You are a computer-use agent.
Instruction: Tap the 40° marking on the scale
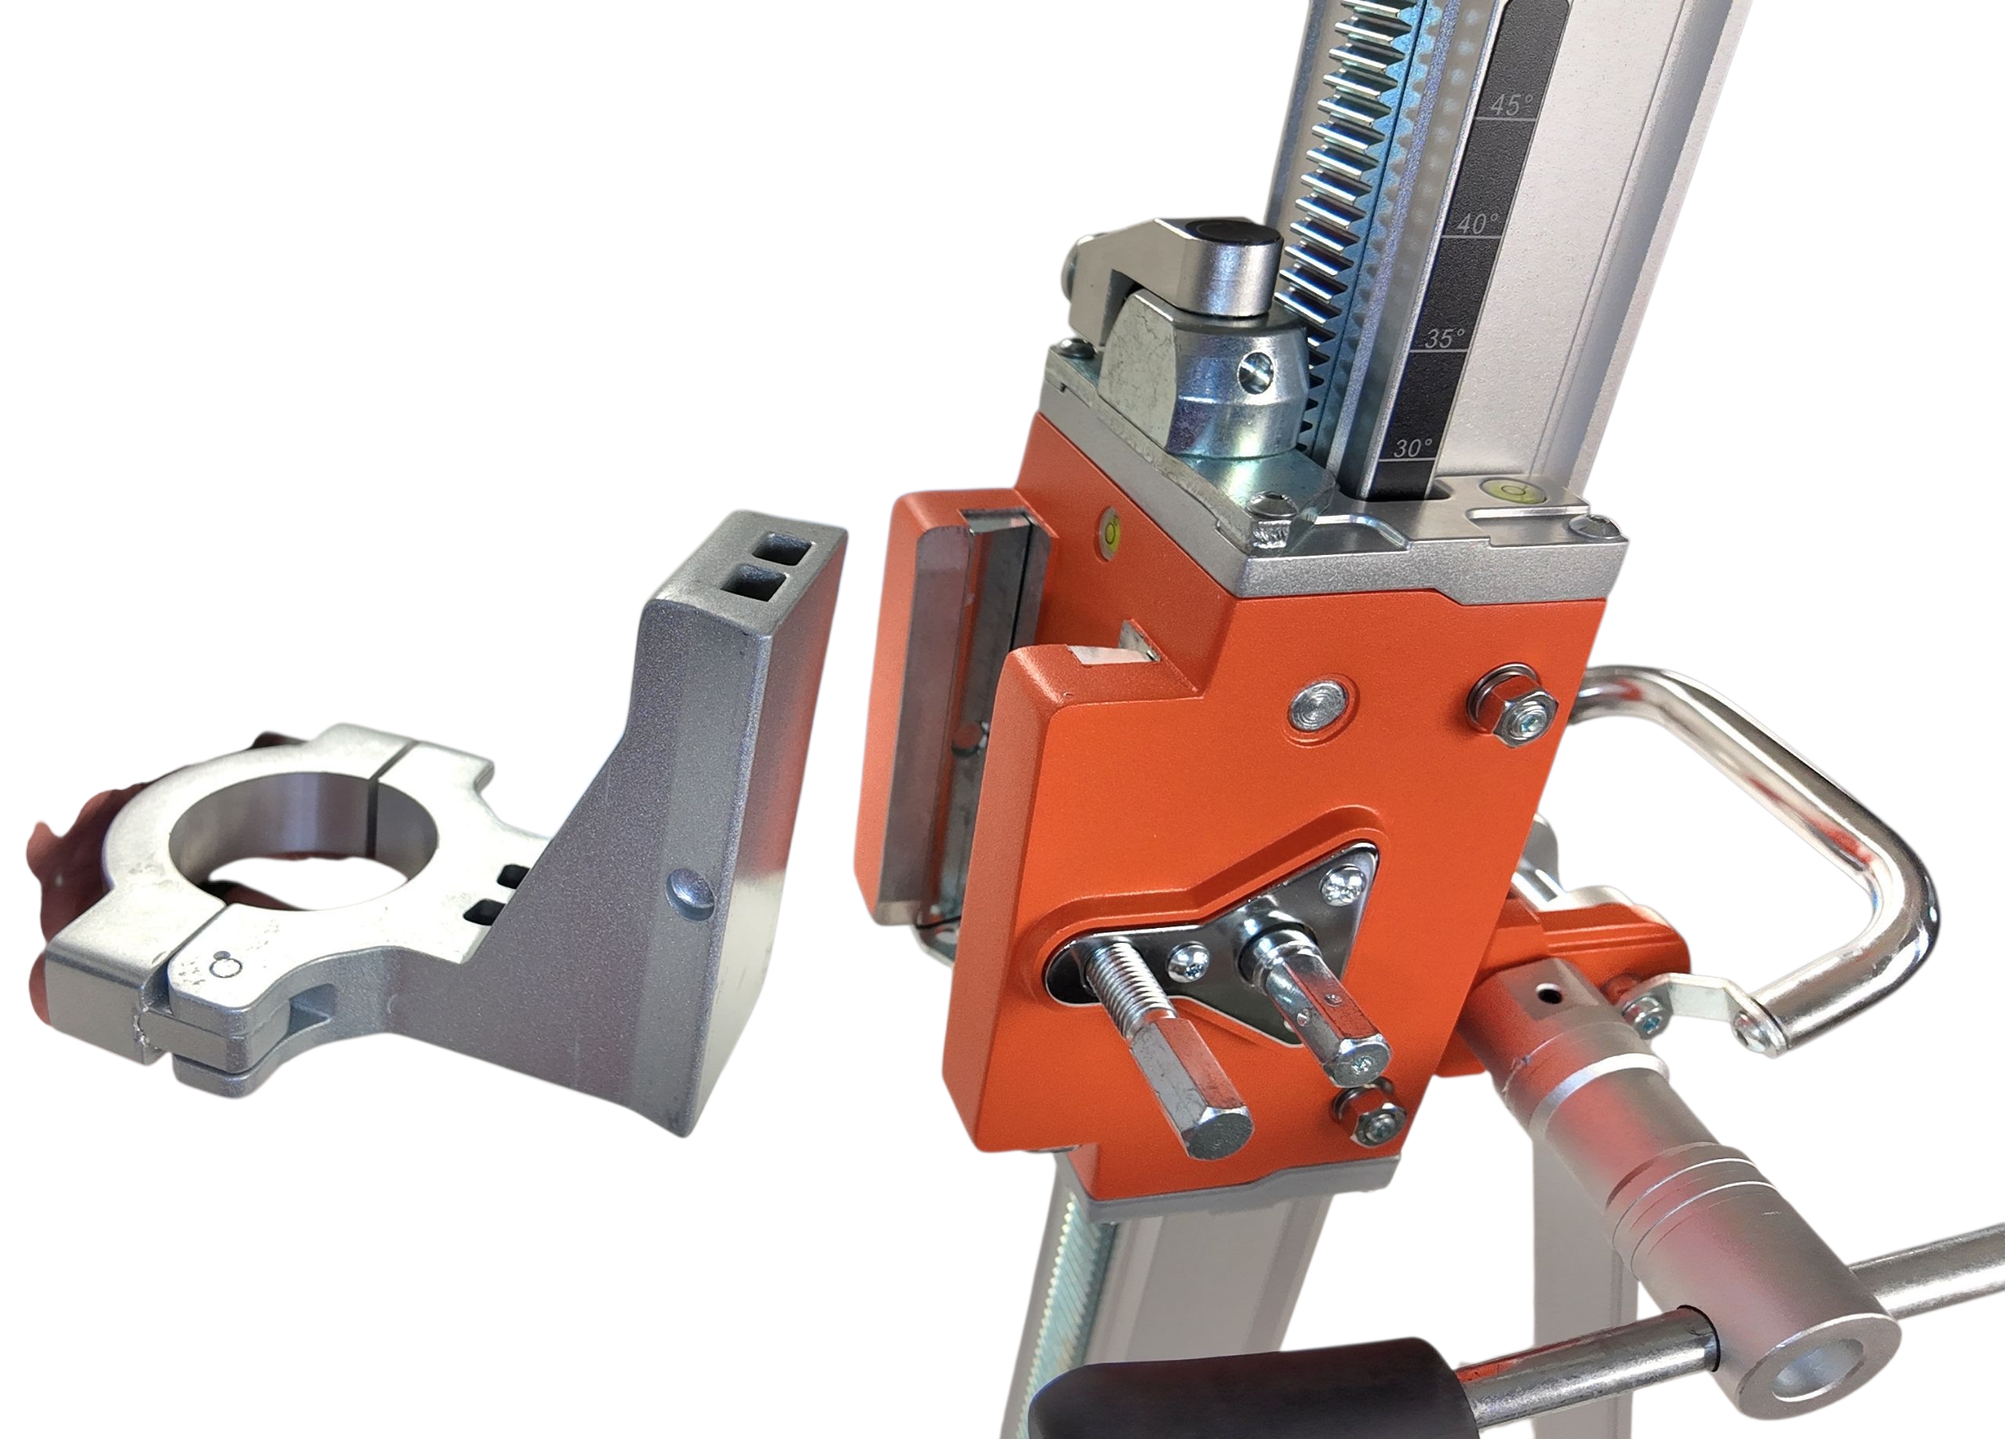pos(1476,223)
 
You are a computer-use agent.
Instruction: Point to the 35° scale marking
pos(1443,338)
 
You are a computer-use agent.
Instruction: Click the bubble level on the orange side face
pos(1111,532)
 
